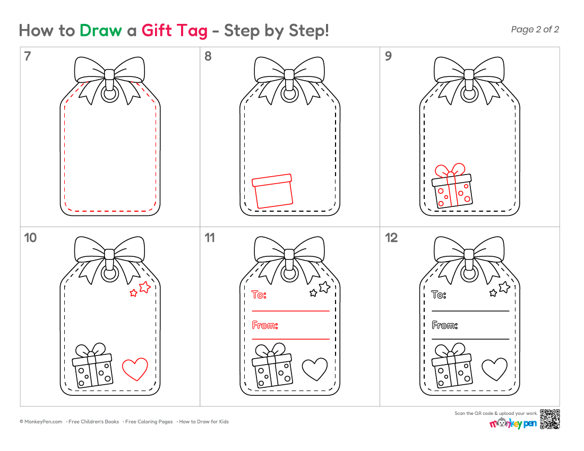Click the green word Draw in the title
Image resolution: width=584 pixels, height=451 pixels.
(100, 31)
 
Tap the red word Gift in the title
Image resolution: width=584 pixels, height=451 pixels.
(157, 31)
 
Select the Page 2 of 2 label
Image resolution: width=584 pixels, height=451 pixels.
(535, 29)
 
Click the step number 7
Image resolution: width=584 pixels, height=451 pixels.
(27, 56)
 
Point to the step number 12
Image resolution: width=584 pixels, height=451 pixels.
(391, 238)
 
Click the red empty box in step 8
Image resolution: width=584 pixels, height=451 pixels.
(272, 191)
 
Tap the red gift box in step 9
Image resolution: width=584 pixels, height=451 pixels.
(452, 186)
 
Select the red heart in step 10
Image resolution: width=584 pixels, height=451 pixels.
(135, 369)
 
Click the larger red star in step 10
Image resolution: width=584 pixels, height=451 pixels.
(144, 287)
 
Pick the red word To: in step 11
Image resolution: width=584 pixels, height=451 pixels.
(259, 294)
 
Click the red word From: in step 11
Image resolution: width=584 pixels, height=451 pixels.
(265, 325)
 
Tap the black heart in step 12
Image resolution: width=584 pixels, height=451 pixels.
(495, 369)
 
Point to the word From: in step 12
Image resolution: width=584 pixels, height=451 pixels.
(445, 325)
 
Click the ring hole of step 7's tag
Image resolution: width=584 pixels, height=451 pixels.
(110, 94)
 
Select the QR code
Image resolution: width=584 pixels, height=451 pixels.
(549, 419)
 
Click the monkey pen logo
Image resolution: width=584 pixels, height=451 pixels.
(513, 423)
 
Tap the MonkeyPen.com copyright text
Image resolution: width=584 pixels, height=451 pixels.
(41, 422)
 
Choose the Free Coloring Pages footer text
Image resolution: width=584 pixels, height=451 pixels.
(149, 422)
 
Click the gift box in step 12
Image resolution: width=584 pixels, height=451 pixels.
(452, 366)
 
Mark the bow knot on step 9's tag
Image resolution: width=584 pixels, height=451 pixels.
(469, 75)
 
